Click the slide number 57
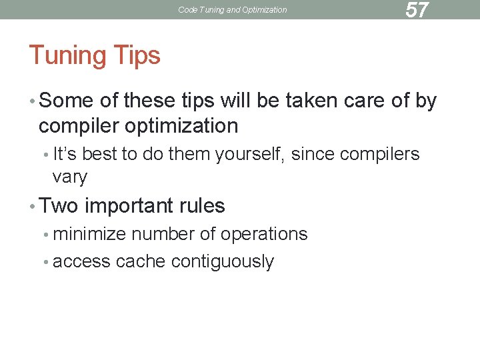pos(417,10)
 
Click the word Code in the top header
pos(189,10)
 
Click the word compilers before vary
pos(379,154)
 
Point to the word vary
pos(69,177)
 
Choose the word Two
pos(59,206)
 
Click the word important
pos(131,206)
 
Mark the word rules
pos(203,206)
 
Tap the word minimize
pos(90,234)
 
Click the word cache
pos(141,261)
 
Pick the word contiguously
pos(222,262)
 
